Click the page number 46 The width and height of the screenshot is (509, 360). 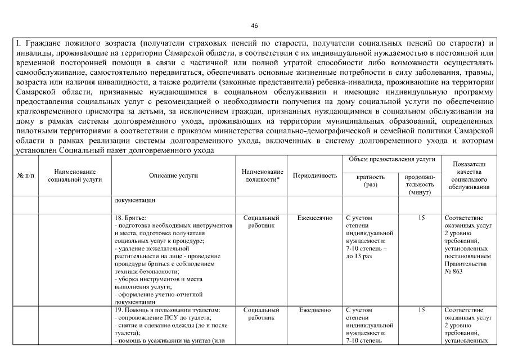click(254, 26)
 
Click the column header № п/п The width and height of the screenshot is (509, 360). click(25, 175)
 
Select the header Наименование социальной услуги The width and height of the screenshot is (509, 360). click(75, 175)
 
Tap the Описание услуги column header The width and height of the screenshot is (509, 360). click(173, 175)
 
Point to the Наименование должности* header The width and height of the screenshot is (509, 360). click(262, 175)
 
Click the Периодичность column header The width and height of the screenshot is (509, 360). click(314, 175)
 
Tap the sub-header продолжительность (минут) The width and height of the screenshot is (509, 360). click(420, 184)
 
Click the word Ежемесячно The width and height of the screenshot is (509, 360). click(314, 218)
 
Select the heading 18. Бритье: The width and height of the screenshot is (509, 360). click(130, 218)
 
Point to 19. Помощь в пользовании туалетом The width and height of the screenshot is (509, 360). click(167, 310)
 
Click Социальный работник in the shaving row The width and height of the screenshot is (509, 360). click(262, 221)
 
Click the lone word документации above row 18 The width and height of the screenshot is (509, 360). click(135, 200)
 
